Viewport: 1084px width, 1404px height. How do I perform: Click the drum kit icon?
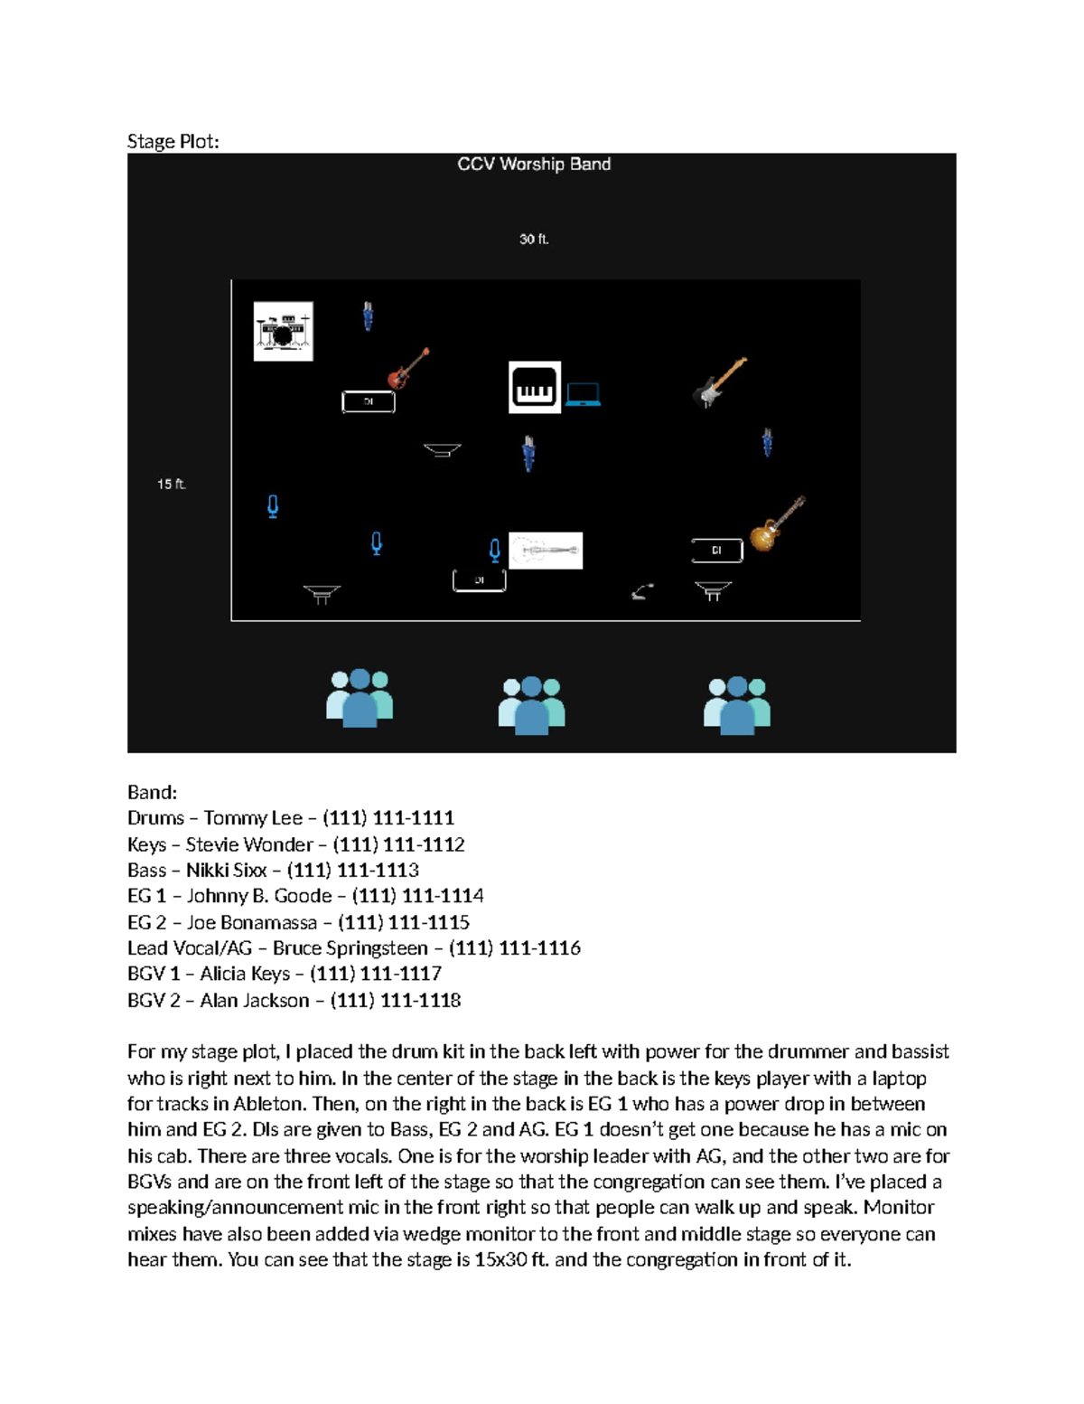[283, 332]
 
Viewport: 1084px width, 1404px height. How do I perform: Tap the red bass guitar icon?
[408, 368]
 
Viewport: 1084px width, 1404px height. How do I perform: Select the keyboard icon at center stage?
[534, 388]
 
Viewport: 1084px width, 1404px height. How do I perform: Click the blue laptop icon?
[583, 394]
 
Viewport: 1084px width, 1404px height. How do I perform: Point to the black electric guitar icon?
[720, 382]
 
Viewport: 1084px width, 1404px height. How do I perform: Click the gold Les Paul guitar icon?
[777, 524]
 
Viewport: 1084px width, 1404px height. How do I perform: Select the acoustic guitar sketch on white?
[547, 551]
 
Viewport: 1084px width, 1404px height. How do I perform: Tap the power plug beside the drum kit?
[368, 316]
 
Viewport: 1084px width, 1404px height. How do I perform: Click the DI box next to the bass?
[369, 401]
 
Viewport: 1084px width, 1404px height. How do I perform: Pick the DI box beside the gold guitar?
[716, 550]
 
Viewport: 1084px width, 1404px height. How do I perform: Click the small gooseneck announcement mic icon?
[642, 592]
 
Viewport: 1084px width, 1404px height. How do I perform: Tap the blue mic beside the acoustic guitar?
[494, 550]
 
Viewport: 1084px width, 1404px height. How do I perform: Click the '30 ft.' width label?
[534, 240]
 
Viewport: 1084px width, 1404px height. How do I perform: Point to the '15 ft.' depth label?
[172, 485]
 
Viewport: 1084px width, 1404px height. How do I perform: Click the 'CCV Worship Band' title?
[534, 165]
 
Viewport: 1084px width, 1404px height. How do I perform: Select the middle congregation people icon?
[531, 705]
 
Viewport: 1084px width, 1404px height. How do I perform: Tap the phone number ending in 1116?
[514, 948]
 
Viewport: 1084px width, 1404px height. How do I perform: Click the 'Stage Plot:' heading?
[173, 142]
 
